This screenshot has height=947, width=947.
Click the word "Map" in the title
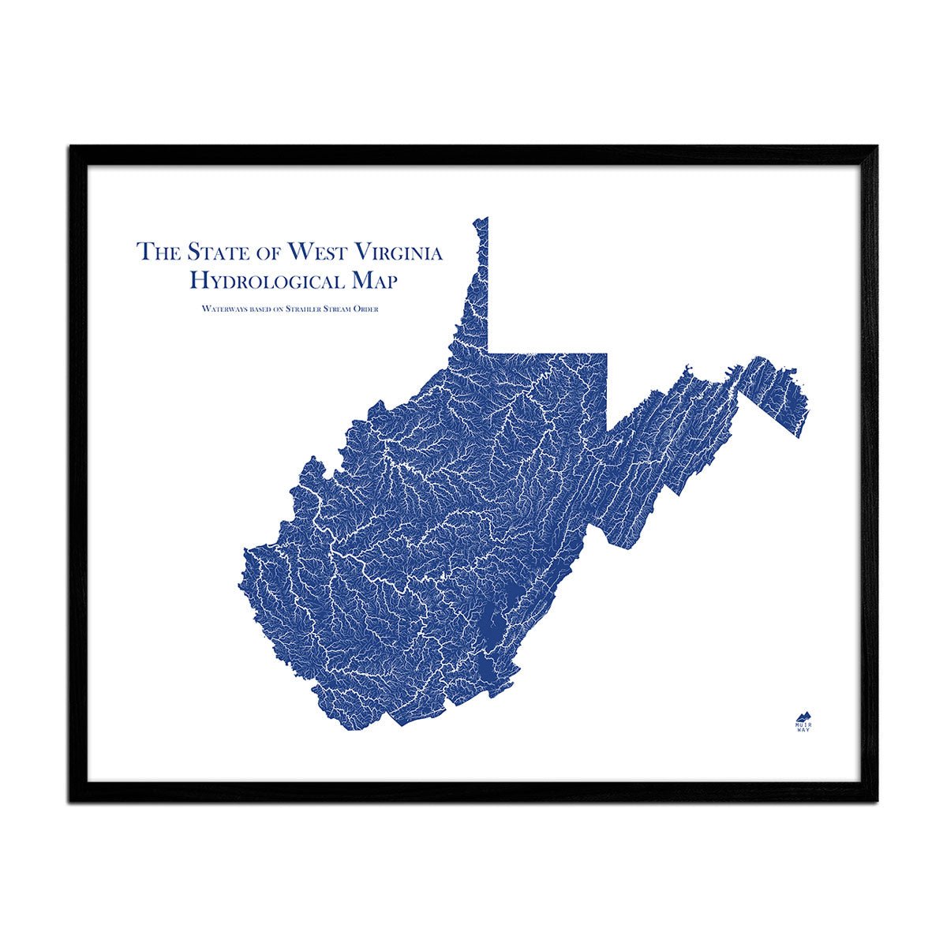pyautogui.click(x=373, y=279)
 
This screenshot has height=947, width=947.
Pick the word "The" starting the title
pyautogui.click(x=155, y=252)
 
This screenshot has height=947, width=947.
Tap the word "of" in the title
pyautogui.click(x=265, y=253)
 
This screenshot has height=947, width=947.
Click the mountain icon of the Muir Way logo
pyautogui.click(x=803, y=713)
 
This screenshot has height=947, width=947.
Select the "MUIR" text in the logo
pyautogui.click(x=803, y=723)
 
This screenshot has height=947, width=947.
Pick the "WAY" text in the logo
pyautogui.click(x=803, y=730)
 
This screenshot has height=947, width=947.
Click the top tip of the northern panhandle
pyautogui.click(x=485, y=219)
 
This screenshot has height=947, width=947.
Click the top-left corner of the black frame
pyautogui.click(x=71, y=147)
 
